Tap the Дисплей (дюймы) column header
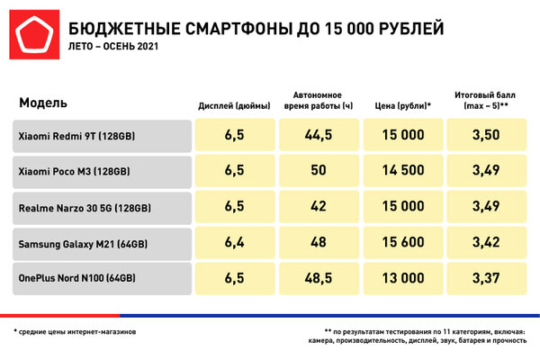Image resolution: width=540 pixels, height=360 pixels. click(234, 106)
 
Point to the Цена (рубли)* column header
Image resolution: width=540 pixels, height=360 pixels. click(402, 106)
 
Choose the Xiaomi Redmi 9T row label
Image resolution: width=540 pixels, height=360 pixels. click(76, 136)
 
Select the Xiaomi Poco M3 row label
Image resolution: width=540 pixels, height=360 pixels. click(74, 171)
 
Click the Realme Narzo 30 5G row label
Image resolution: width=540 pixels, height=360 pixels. click(84, 207)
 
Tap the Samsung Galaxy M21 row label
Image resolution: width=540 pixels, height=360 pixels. click(82, 243)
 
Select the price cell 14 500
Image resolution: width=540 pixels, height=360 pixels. click(402, 171)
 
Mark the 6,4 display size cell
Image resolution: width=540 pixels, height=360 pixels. click(234, 243)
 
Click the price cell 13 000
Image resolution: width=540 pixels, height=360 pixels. click(402, 279)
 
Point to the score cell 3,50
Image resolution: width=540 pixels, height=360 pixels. click(486, 136)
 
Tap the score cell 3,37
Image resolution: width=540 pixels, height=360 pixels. click(486, 279)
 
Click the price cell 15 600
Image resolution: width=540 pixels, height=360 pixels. click(402, 243)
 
